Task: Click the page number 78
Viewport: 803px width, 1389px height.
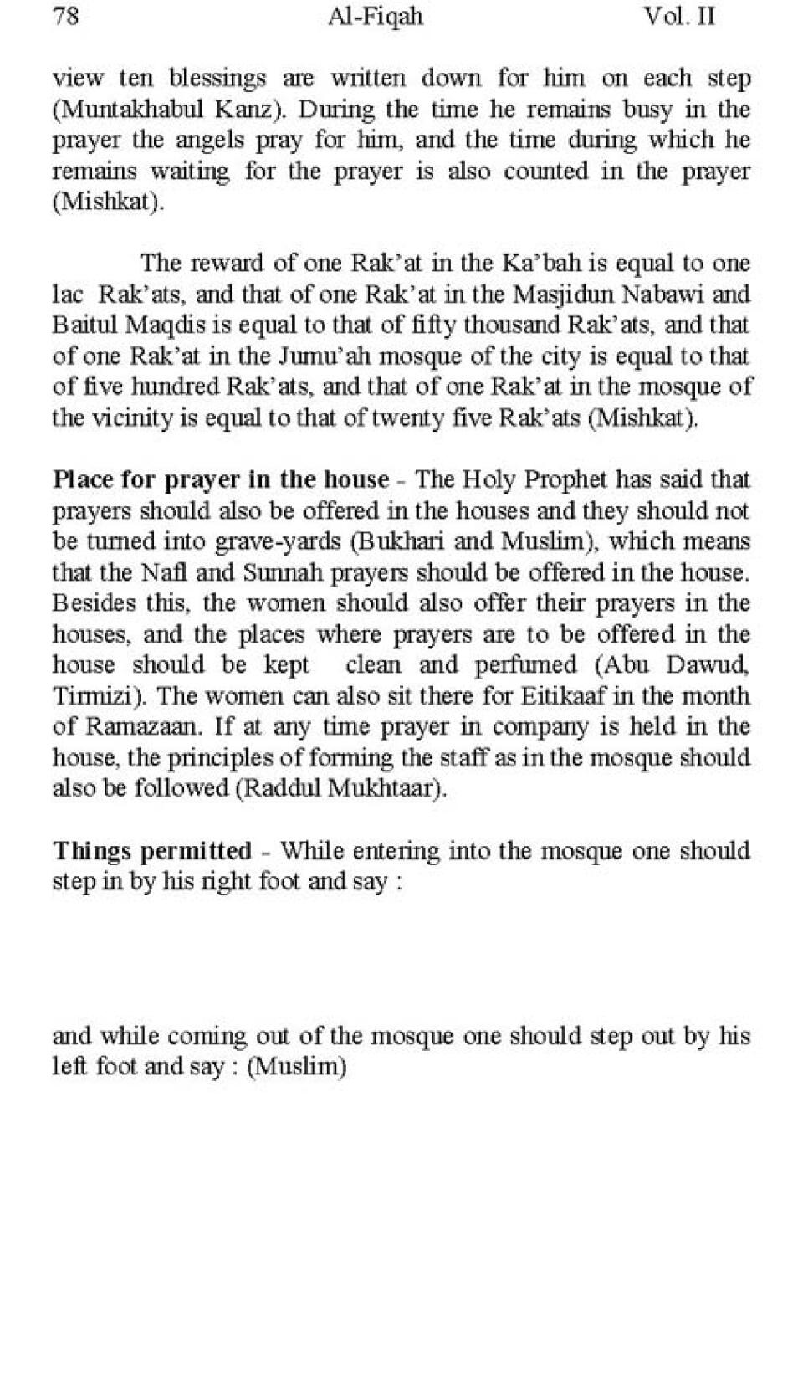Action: (66, 17)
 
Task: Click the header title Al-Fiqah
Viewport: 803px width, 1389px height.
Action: (376, 17)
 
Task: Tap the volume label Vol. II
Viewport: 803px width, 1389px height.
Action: (679, 17)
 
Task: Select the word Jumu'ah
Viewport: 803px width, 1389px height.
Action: (326, 356)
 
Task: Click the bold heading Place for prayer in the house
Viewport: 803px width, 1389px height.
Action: (221, 480)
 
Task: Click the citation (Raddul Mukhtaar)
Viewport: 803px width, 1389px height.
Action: (340, 789)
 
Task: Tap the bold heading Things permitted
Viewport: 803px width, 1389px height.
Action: (152, 851)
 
